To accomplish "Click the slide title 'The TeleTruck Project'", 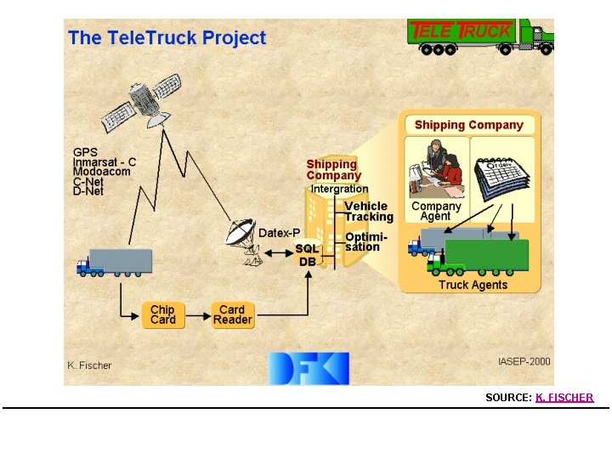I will (x=167, y=38).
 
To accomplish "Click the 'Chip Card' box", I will (x=162, y=314).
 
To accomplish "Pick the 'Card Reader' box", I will (x=232, y=314).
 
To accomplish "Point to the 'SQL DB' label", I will (x=307, y=255).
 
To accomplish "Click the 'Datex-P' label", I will (x=279, y=232).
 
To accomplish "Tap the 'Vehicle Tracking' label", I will (x=368, y=211).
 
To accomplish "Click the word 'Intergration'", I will (x=339, y=189).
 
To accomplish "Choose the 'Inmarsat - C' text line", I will (x=105, y=161).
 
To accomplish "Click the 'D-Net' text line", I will (x=88, y=191).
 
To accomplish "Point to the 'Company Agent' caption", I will (x=435, y=211).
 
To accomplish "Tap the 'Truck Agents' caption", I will (x=473, y=285).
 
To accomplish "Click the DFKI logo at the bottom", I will (x=308, y=367).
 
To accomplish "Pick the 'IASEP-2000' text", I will (x=524, y=361).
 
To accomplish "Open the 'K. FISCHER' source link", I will (x=564, y=397).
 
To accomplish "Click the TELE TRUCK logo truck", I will (x=480, y=37).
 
